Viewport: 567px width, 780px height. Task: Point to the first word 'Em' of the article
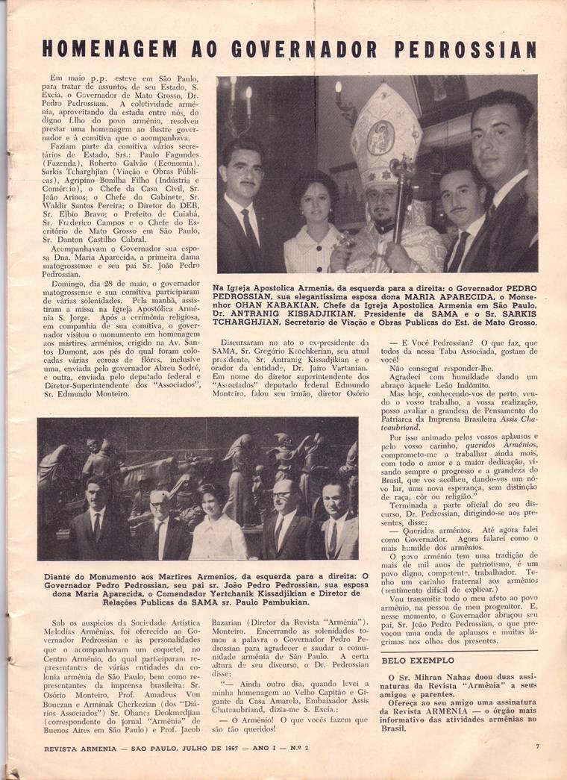pyautogui.click(x=57, y=78)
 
